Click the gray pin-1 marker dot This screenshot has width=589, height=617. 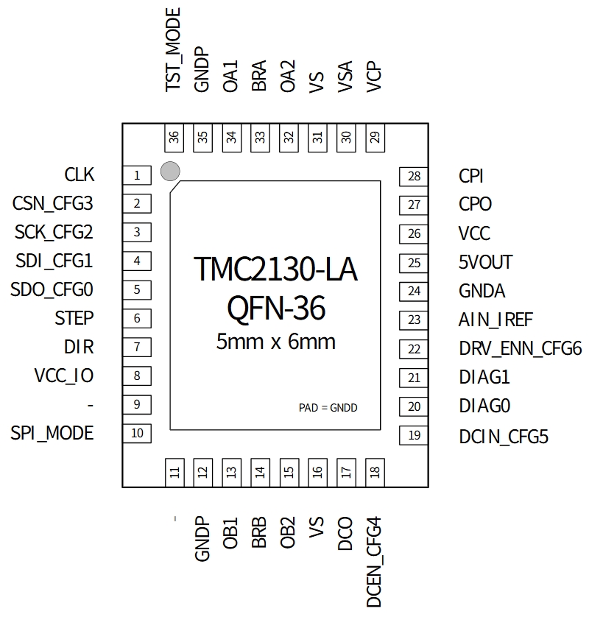coord(170,172)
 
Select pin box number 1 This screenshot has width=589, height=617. coord(137,175)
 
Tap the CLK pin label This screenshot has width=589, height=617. coord(80,175)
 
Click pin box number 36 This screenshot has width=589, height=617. coord(174,138)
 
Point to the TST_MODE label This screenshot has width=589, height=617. coord(174,49)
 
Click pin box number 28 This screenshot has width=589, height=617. coord(415,176)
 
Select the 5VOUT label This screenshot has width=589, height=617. coord(485,262)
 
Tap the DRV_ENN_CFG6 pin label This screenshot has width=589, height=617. coord(521,348)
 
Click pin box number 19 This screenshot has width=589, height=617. coord(415,435)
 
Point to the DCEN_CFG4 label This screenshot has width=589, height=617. coord(375,563)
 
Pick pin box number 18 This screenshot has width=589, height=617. coord(375,472)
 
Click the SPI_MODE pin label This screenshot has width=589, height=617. coord(52,433)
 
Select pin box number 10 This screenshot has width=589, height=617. coord(137,433)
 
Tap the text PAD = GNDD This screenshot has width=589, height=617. coord(328,407)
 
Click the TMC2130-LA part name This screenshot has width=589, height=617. coord(275,270)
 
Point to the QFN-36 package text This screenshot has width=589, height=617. coord(276,309)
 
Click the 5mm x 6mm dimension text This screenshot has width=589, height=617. coord(276,342)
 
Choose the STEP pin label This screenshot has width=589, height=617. coord(74,318)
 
